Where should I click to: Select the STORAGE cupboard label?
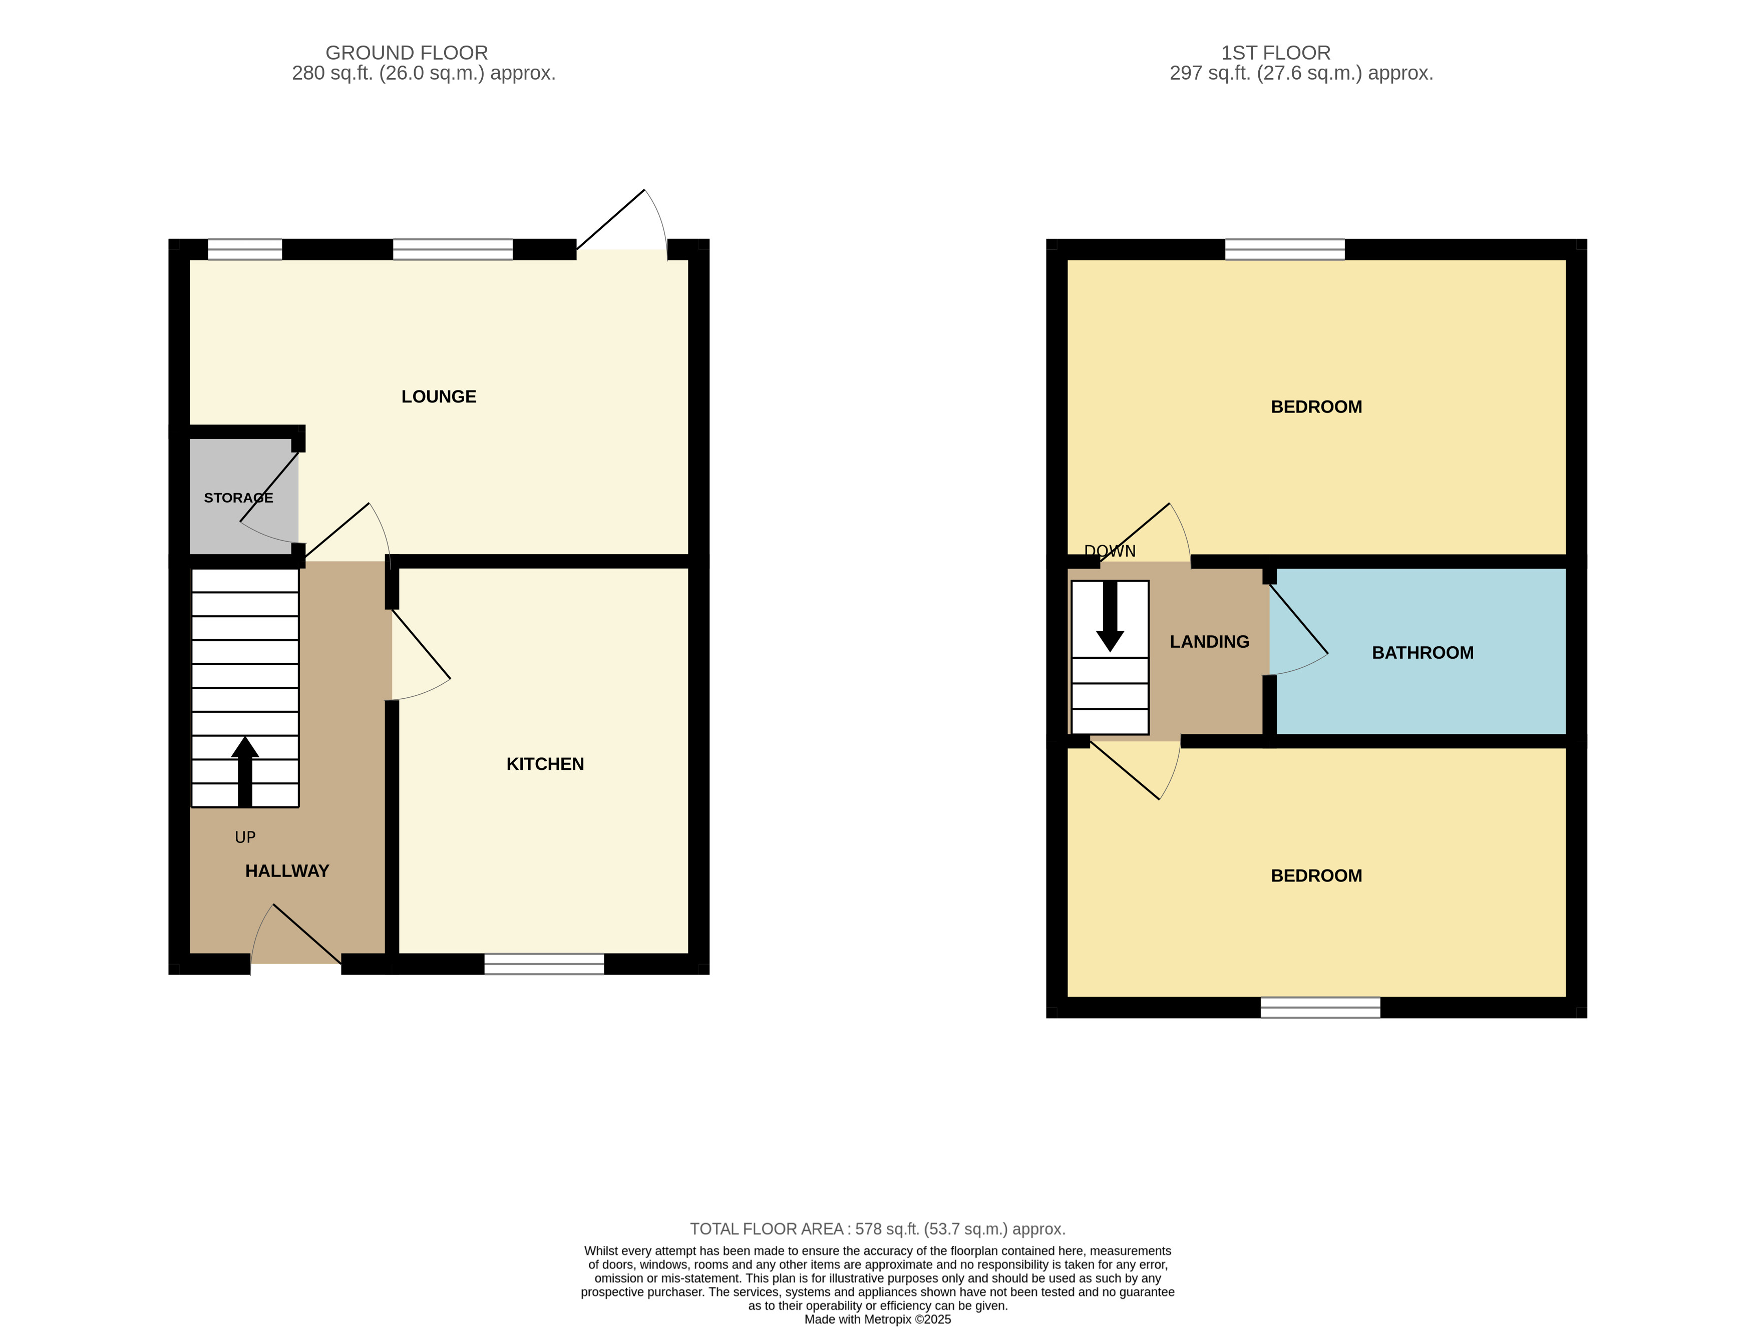238,498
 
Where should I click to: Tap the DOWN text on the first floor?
1109,551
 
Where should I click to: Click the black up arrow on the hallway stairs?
245,770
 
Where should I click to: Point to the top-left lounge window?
244,249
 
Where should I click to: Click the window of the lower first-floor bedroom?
1320,1007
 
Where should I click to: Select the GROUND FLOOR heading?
407,53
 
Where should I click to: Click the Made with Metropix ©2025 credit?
877,1319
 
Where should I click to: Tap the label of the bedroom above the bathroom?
1316,407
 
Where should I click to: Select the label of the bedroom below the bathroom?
1316,875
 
